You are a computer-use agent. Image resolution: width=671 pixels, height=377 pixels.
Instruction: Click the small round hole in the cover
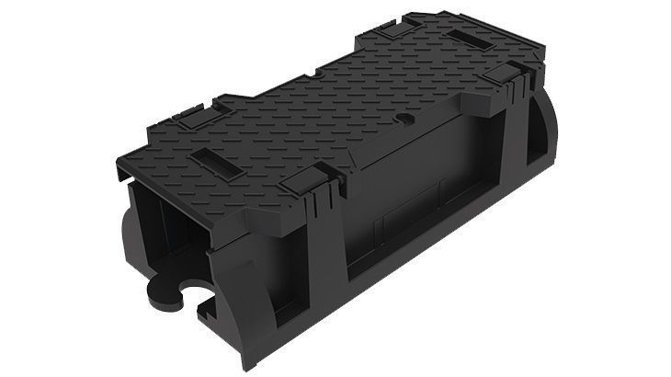(x=403, y=120)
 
